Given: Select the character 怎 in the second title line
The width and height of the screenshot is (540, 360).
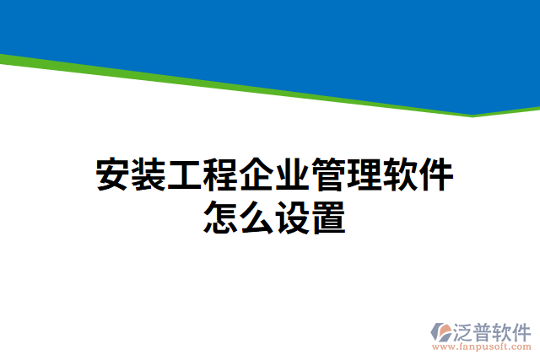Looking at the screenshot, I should pos(221,217).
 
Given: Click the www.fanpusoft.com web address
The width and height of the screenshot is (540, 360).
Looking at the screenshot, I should pos(482,347).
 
